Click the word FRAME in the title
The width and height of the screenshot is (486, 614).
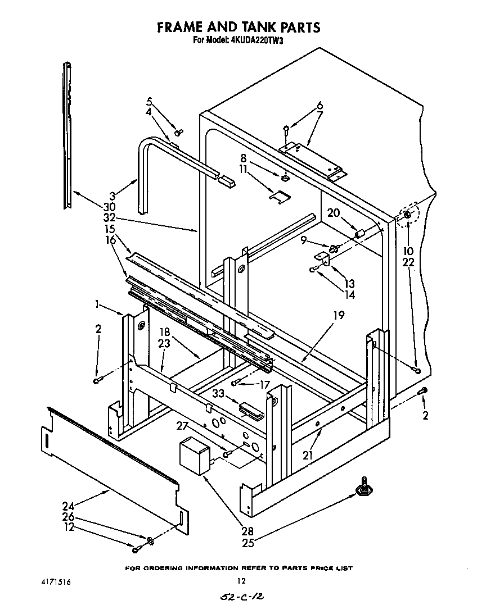point(177,27)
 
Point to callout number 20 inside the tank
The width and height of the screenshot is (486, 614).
point(333,213)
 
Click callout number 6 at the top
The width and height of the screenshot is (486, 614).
point(319,105)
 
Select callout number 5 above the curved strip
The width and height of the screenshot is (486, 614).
point(150,101)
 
